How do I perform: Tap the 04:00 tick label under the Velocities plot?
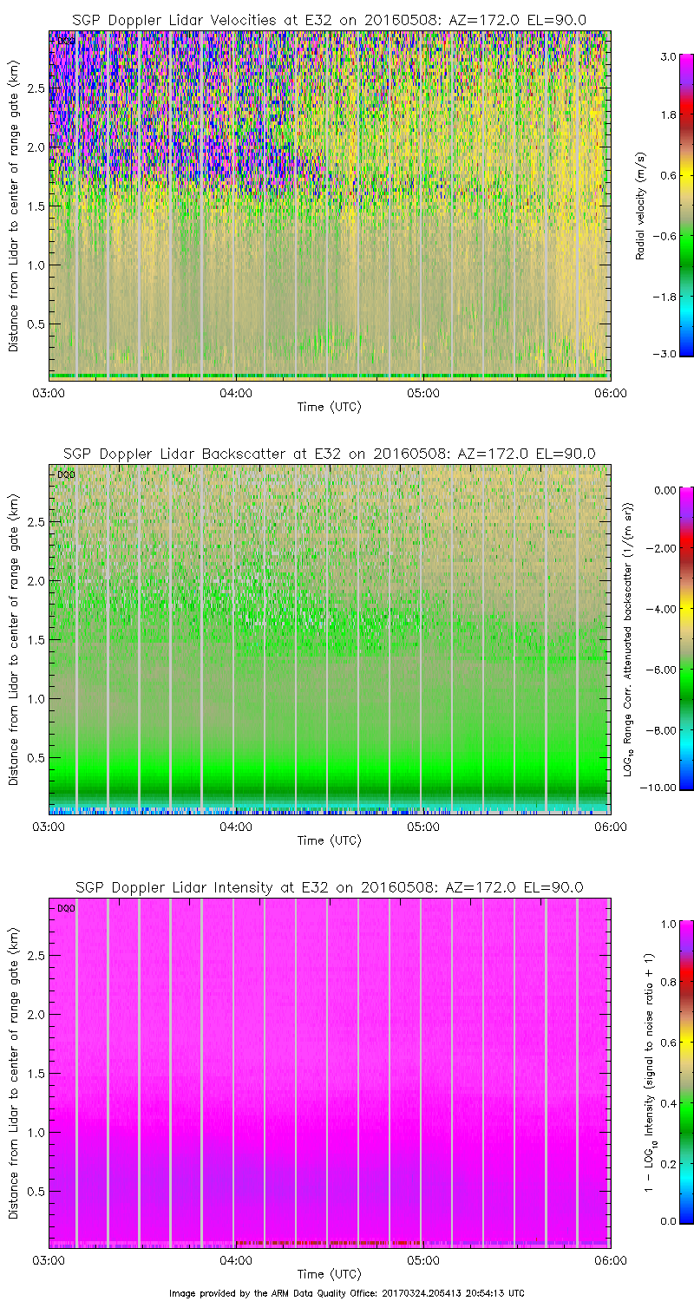236,393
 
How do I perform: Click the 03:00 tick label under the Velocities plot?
49,393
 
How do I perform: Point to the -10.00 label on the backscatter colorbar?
664,788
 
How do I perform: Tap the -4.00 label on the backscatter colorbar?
664,610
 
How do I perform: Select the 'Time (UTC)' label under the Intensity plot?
329,1274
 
